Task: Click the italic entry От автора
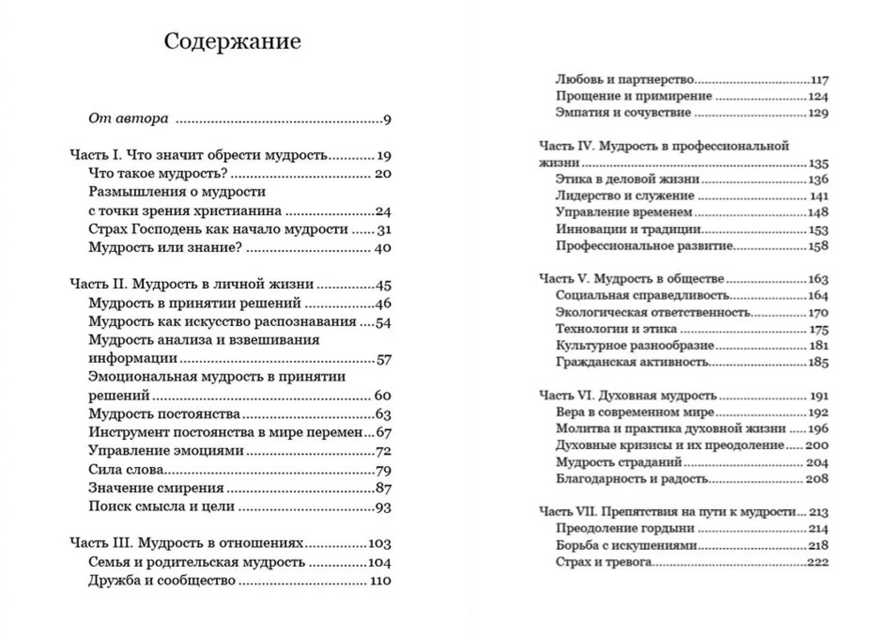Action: coord(128,118)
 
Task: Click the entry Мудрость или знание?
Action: coord(165,247)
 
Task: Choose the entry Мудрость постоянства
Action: coord(164,414)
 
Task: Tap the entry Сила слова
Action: coord(126,469)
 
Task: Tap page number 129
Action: coord(818,113)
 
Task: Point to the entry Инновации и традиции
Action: coord(628,229)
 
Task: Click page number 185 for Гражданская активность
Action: coord(818,362)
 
